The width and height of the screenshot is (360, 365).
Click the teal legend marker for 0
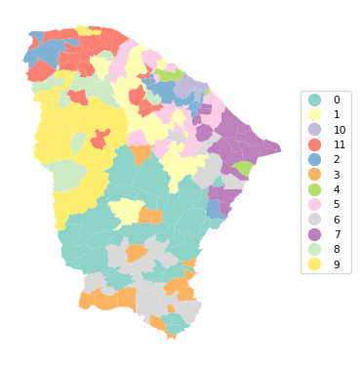coord(314,101)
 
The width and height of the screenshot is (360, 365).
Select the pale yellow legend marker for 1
coord(314,115)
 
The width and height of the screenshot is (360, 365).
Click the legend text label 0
coord(337,101)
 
